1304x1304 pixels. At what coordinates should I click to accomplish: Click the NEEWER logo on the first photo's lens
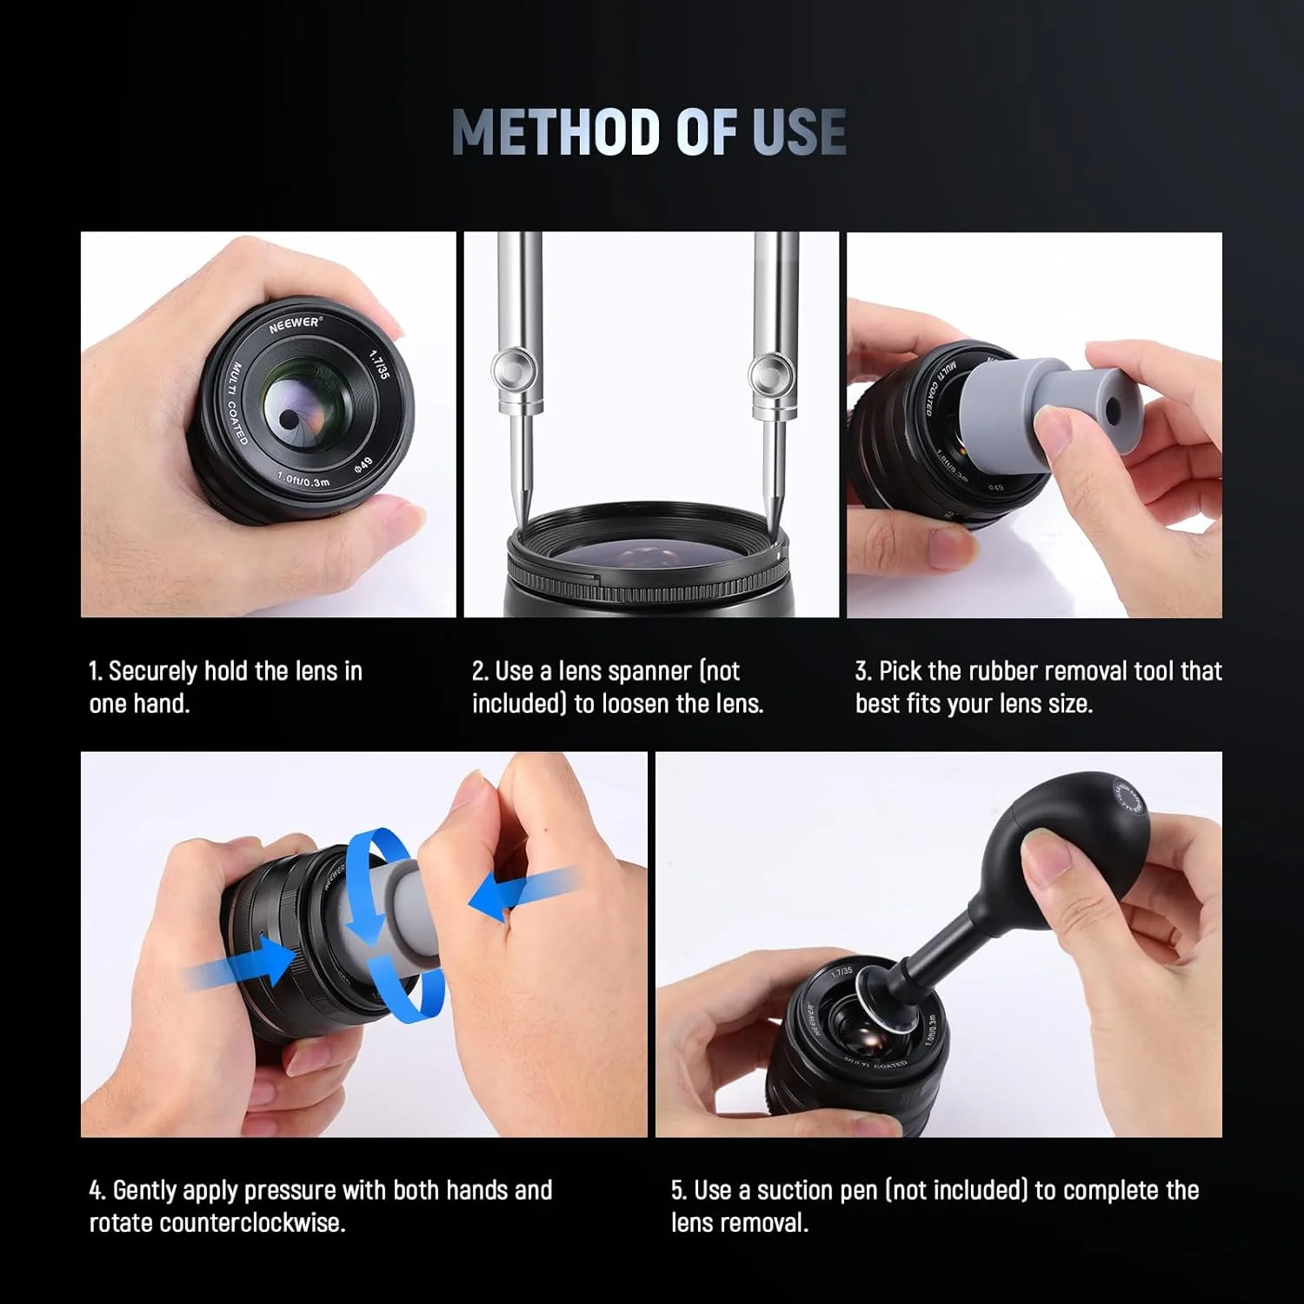pyautogui.click(x=294, y=323)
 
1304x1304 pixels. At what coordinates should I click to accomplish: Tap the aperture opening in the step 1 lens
pyautogui.click(x=286, y=419)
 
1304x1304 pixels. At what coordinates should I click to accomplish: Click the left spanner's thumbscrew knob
pyautogui.click(x=508, y=371)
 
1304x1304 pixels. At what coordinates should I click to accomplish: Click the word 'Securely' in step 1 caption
pyautogui.click(x=153, y=671)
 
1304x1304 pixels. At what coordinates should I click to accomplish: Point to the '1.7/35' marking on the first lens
pyautogui.click(x=380, y=363)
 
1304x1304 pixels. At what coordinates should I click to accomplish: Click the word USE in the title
pyautogui.click(x=798, y=132)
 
